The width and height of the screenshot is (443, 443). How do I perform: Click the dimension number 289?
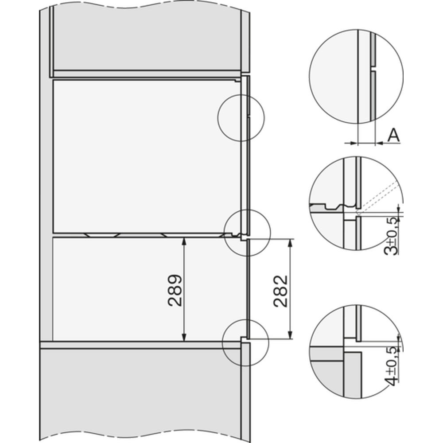click(x=175, y=291)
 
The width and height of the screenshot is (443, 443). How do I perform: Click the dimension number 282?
click(x=280, y=291)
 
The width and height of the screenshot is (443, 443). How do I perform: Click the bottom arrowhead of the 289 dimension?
click(x=184, y=338)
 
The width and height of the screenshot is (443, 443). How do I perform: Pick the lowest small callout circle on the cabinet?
click(x=245, y=343)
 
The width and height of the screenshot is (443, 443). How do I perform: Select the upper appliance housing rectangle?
click(x=146, y=155)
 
